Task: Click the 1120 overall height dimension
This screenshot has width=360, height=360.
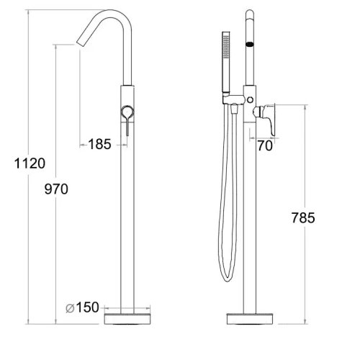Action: coord(30,163)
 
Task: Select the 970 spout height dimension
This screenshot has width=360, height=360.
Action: coord(56,189)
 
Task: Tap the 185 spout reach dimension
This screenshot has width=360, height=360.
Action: coord(99,144)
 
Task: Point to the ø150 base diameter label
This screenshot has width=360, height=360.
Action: coord(82,307)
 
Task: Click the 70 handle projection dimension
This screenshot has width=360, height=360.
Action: coord(265,145)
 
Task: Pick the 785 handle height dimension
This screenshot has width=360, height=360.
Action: coord(303,218)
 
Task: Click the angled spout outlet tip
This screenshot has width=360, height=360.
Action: coord(81,43)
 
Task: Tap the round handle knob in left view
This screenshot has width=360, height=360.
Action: coord(127,112)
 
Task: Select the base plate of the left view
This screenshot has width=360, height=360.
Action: coord(127,319)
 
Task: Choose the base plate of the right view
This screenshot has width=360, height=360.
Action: coord(250,319)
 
